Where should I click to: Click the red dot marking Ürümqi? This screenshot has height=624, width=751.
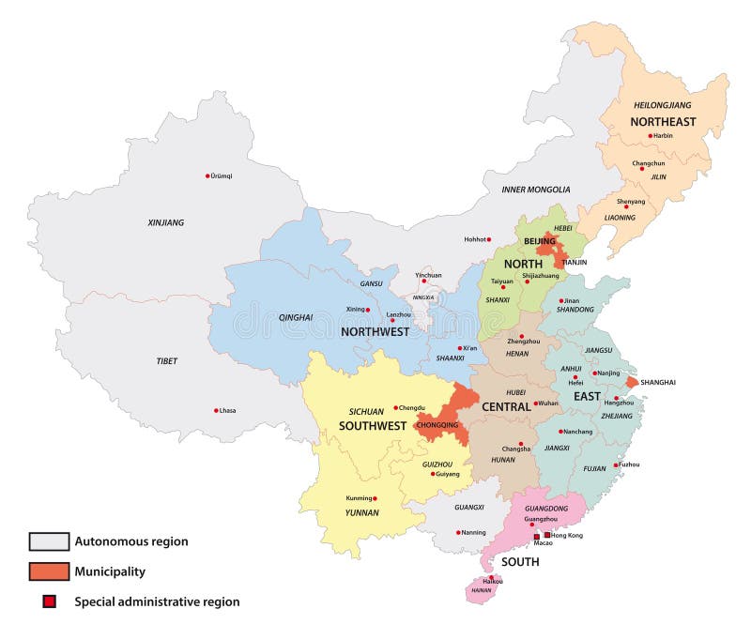[x=207, y=175]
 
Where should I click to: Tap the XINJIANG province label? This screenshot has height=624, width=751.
[x=166, y=222]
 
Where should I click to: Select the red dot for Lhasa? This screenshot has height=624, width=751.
[x=216, y=410]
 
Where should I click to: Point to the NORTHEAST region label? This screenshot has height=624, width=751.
[x=663, y=122]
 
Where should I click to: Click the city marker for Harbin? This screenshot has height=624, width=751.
[x=649, y=136]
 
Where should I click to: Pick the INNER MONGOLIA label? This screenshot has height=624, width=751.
[x=535, y=190]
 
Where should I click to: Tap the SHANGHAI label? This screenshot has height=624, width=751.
[x=658, y=383]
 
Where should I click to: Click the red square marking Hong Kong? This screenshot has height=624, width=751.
[x=547, y=535]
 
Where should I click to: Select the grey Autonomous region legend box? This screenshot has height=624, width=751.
[x=49, y=541]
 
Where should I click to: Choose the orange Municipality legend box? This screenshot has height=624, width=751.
[x=49, y=571]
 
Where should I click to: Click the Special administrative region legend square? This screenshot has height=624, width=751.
[x=49, y=601]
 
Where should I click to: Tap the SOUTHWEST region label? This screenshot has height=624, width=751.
[x=373, y=425]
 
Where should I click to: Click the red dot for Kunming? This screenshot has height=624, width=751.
[x=375, y=498]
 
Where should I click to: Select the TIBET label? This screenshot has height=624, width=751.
[x=166, y=361]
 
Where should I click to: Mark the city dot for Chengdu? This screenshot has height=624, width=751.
[x=396, y=407]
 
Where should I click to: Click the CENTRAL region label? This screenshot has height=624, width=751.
[x=506, y=407]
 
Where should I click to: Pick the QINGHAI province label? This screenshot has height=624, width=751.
[x=296, y=317]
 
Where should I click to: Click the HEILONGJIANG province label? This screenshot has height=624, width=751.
[x=662, y=105]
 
